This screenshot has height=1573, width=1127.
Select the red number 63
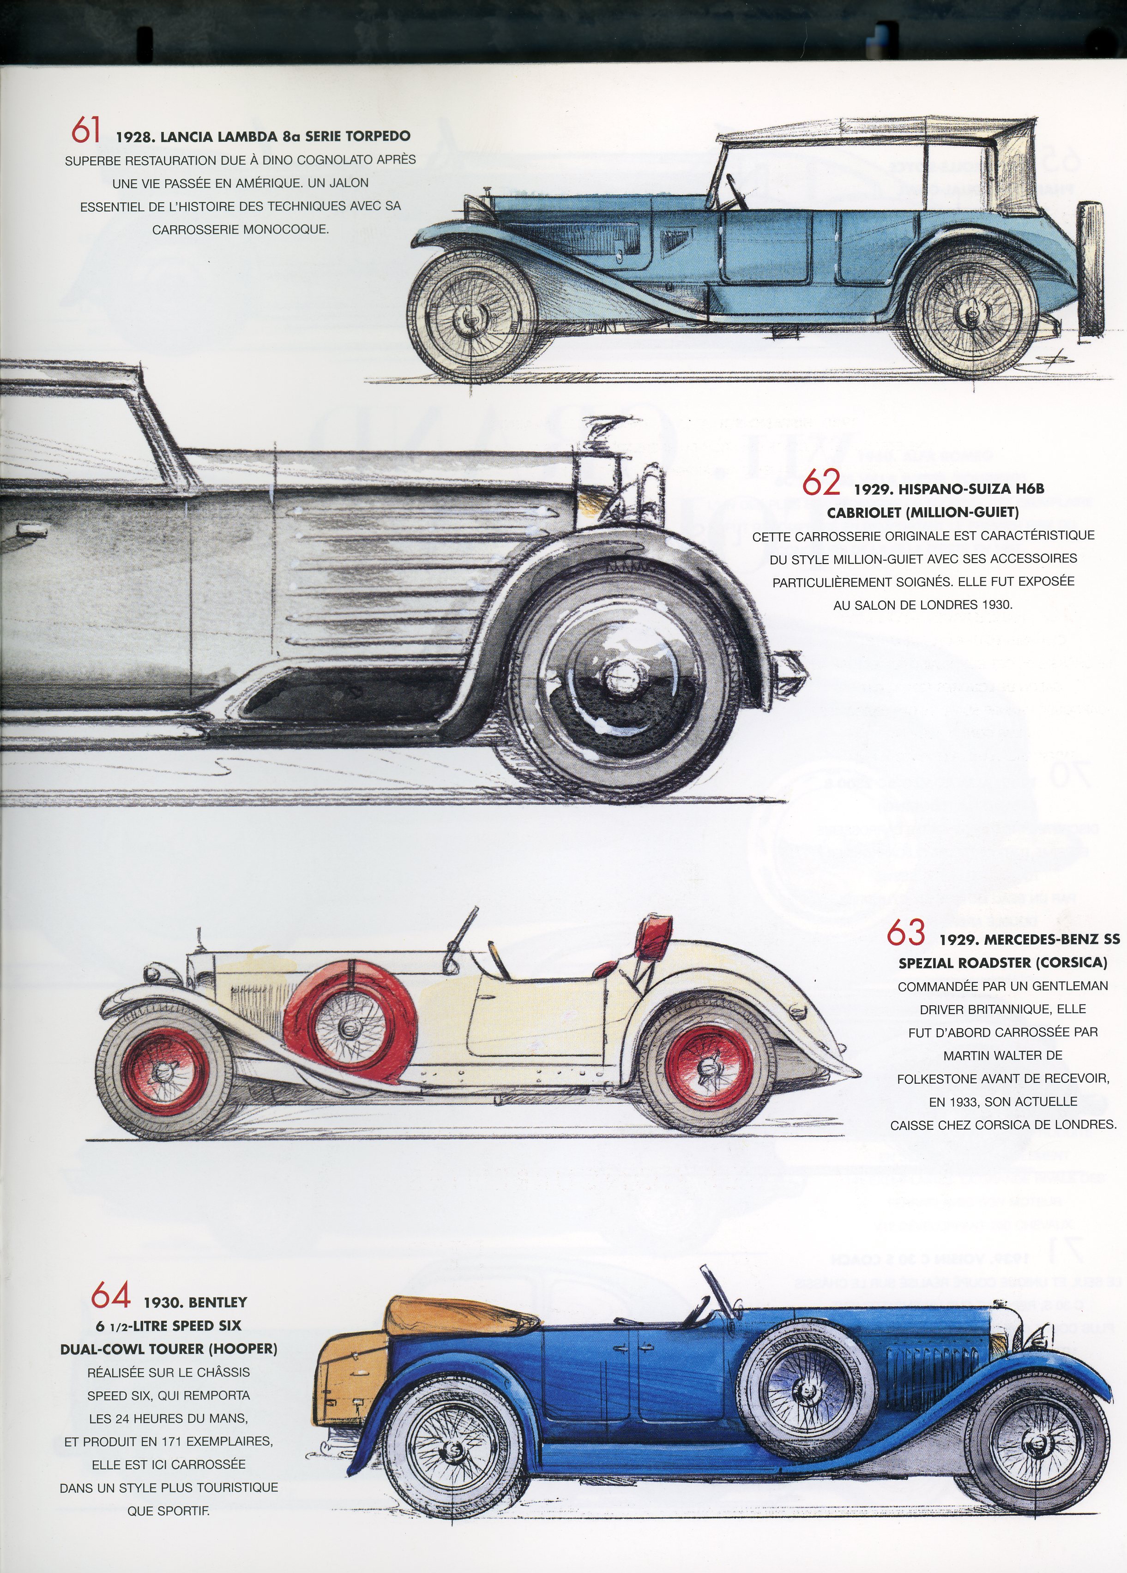906,932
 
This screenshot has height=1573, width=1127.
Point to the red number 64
111,1295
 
